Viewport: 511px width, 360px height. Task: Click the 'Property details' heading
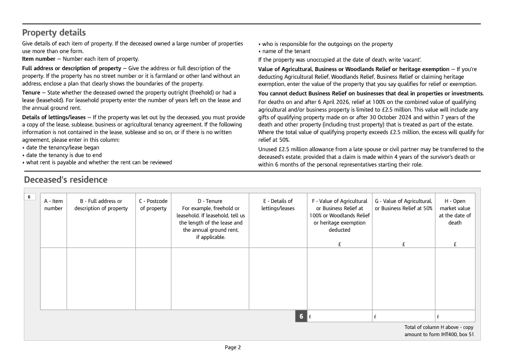(x=54, y=33)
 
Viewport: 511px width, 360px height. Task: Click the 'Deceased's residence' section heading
(x=66, y=180)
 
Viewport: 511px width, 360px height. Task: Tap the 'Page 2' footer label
(x=233, y=347)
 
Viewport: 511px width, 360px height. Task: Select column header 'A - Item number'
(x=54, y=205)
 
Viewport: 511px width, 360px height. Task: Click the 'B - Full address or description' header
(x=101, y=205)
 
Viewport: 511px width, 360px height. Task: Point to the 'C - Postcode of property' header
(x=153, y=205)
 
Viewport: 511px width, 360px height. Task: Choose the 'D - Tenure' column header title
(x=210, y=201)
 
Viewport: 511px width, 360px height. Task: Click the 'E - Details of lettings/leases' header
(x=278, y=205)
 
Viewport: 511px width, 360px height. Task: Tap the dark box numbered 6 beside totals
(x=301, y=316)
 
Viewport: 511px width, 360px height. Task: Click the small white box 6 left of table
(x=29, y=197)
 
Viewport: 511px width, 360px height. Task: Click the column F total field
(x=340, y=316)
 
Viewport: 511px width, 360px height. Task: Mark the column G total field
(x=403, y=316)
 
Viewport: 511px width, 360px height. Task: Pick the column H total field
(x=455, y=316)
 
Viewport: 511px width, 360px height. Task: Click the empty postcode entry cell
(x=153, y=279)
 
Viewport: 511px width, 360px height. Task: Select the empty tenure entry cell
(x=210, y=279)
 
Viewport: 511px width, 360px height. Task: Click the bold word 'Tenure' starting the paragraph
(x=31, y=93)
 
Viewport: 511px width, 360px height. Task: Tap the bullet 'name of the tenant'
(x=286, y=51)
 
